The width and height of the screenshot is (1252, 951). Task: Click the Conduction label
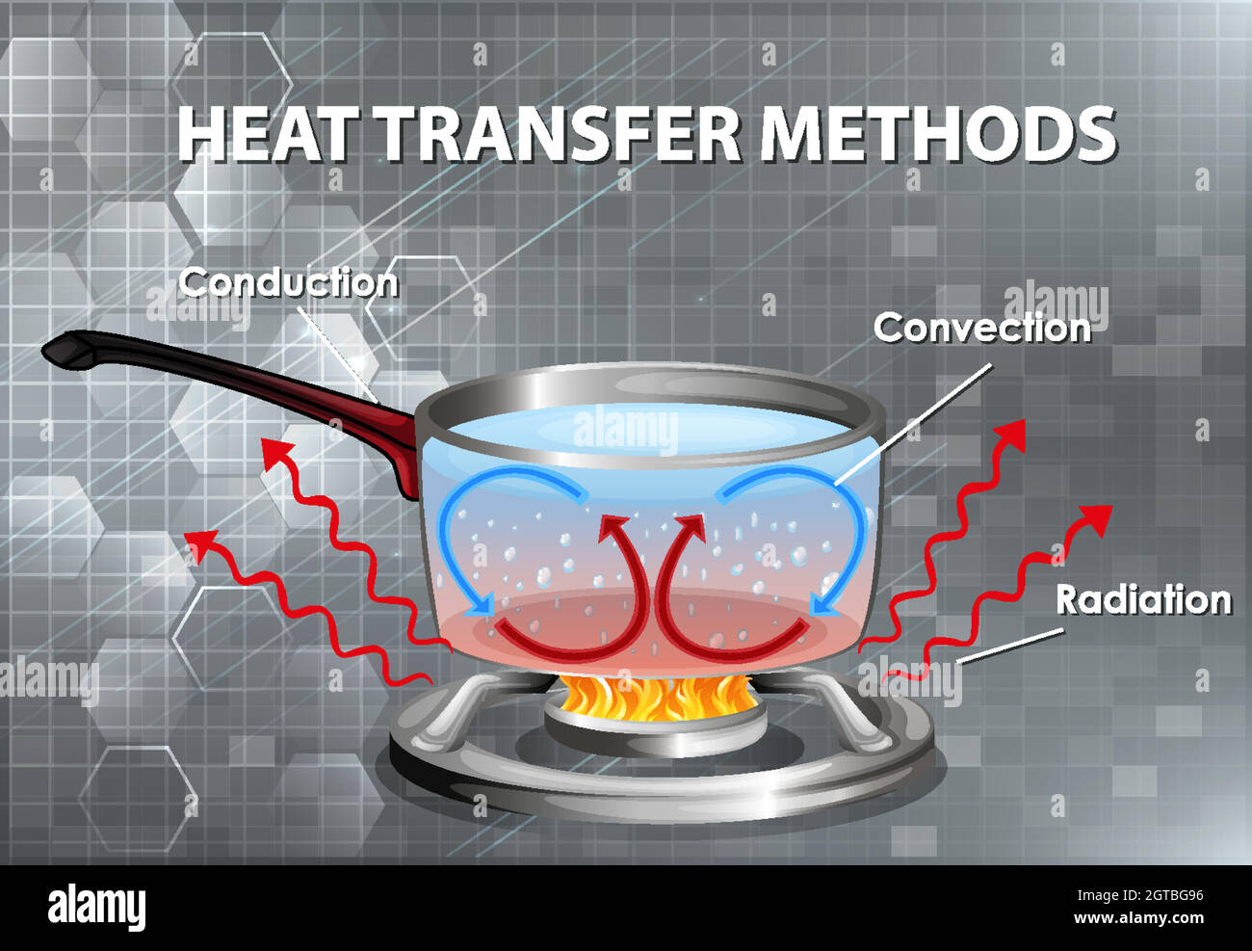[288, 282]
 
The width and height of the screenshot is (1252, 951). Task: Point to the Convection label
[981, 329]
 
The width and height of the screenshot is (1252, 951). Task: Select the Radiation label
[1143, 599]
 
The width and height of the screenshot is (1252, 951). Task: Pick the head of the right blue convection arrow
[821, 605]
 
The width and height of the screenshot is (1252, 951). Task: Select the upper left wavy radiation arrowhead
[276, 449]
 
